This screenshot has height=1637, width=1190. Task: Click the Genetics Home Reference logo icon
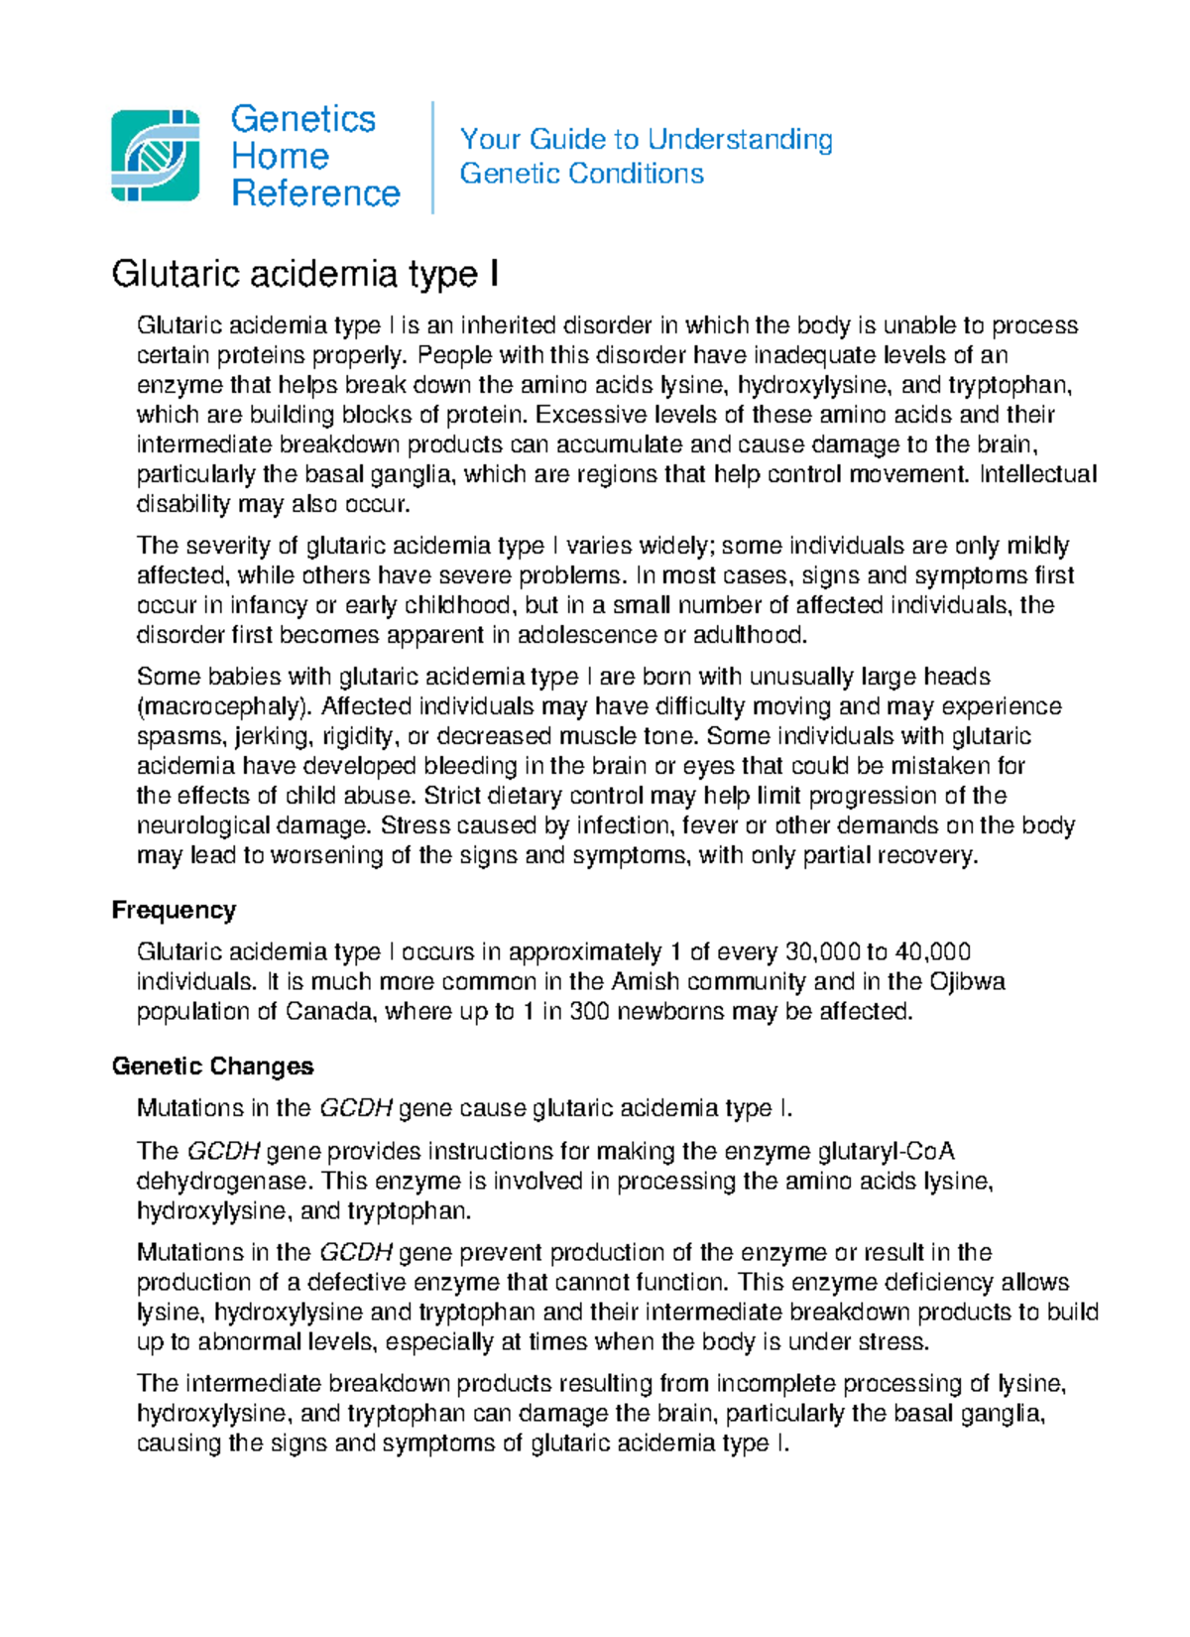(155, 156)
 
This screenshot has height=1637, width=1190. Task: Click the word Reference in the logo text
(315, 193)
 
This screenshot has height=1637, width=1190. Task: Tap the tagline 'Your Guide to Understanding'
(646, 139)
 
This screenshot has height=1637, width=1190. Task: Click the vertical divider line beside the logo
(433, 157)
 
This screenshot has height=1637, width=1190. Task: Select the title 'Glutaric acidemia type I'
(304, 273)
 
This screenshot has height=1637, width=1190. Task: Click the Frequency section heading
(174, 910)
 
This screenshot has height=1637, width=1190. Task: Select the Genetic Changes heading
(212, 1067)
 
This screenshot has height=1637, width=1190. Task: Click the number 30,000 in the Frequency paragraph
(822, 952)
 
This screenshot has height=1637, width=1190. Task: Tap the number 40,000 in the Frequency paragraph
(931, 952)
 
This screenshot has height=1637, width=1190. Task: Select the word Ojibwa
(966, 982)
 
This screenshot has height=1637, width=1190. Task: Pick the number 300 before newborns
(589, 1012)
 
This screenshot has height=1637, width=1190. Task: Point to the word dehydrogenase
(223, 1182)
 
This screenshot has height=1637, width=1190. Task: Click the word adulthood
(747, 635)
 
